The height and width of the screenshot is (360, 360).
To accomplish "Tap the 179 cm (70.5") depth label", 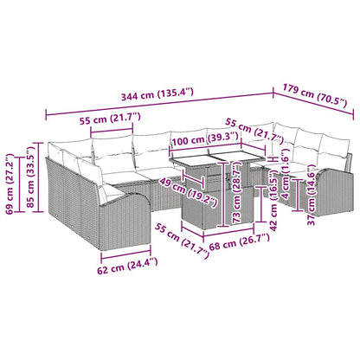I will coord(317,96).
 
